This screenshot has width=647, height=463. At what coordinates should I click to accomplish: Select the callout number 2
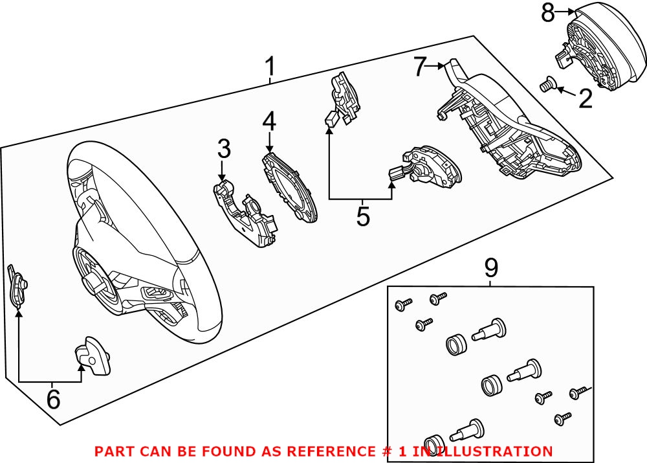coord(585,98)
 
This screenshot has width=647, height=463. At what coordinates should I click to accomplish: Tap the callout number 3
coord(224,150)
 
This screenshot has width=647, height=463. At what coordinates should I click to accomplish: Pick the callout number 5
coord(363,216)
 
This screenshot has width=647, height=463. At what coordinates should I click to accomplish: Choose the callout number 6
coord(52,399)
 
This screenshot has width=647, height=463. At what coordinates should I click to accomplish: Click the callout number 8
coord(548,12)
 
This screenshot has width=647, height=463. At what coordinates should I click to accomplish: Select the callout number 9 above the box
coord(491,266)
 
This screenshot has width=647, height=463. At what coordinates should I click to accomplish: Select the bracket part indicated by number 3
coord(246,214)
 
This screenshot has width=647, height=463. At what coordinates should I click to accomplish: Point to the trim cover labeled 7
coord(511,130)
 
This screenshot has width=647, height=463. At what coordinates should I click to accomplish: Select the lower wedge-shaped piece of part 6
coord(94,357)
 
